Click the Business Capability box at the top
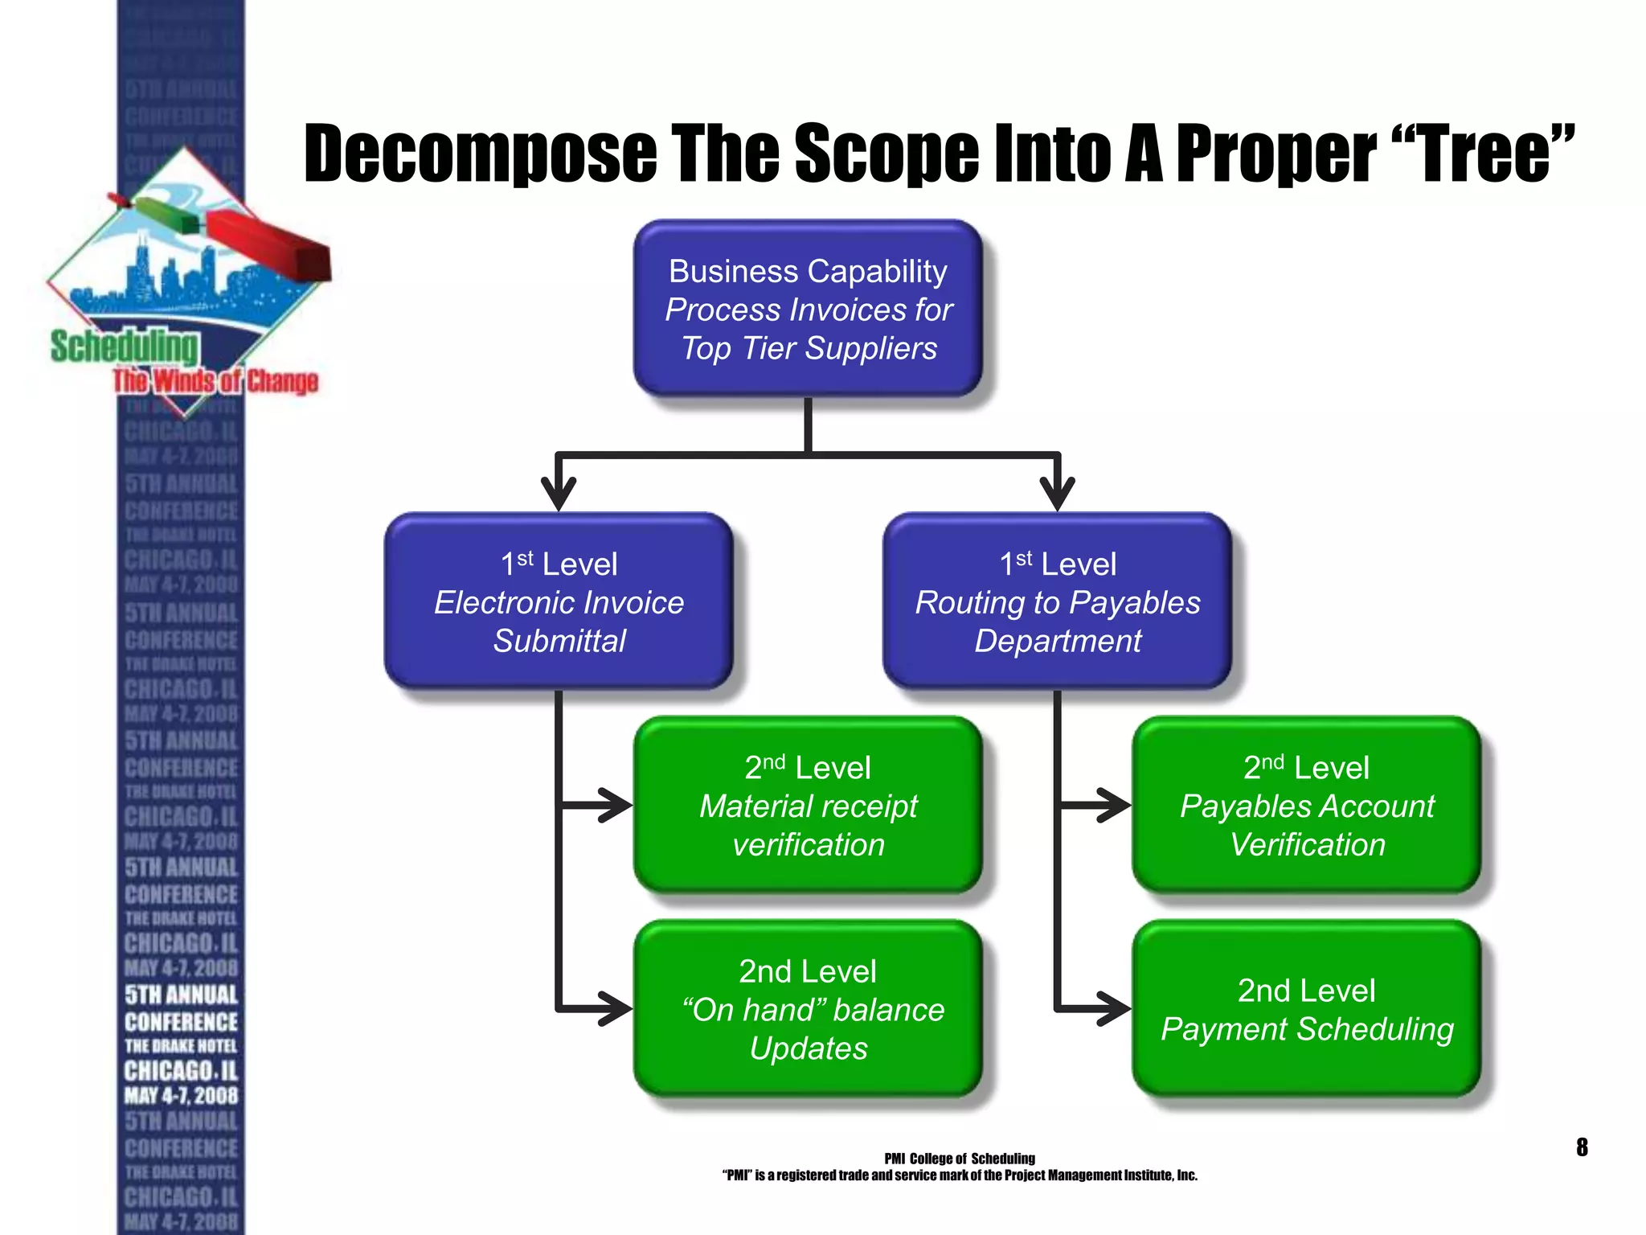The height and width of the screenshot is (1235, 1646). tap(808, 309)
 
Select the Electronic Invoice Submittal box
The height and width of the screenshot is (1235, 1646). tap(559, 601)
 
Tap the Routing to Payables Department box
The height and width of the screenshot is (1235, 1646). tap(1057, 601)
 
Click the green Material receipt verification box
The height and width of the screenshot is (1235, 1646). tap(808, 805)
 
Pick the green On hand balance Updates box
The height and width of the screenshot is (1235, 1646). tap(808, 1009)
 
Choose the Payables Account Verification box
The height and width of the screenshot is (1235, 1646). tap(1306, 805)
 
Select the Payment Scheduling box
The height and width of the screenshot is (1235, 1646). tap(1306, 1009)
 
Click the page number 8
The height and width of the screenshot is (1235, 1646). tap(1582, 1147)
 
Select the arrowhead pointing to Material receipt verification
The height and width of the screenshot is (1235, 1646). tap(615, 805)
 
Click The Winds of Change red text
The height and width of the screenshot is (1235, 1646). tap(215, 380)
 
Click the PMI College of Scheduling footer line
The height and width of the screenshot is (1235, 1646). tap(960, 1159)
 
